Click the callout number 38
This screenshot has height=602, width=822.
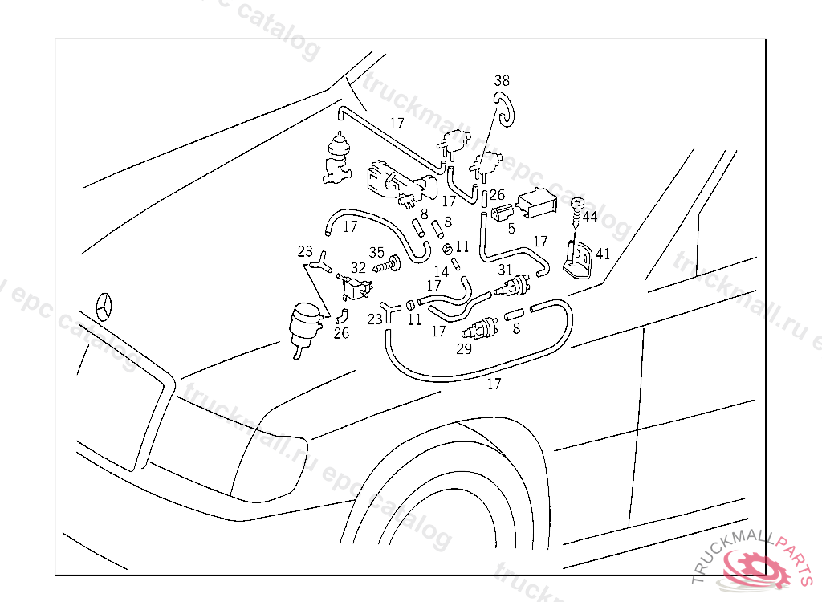502,80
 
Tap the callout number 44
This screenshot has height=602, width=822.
590,217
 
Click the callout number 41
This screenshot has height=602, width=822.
602,253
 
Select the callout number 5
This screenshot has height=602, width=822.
511,228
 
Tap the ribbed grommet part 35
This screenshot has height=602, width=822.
393,263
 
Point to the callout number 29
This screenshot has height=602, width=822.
464,349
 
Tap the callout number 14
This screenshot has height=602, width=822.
442,273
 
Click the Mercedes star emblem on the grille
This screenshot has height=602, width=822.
107,307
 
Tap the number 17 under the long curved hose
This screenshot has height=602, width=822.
494,384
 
